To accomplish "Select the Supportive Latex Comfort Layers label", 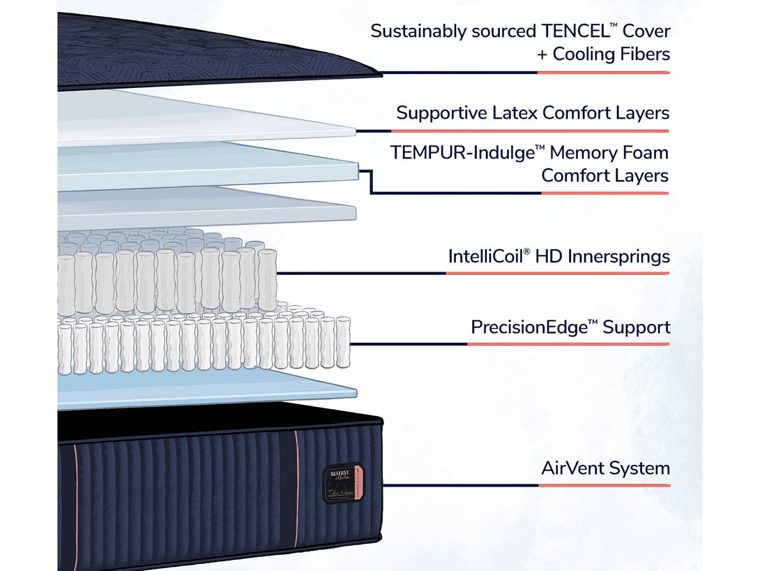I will click(533, 113).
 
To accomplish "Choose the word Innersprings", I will click(619, 257).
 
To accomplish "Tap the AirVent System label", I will click(605, 468).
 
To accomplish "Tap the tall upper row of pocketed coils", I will click(167, 279).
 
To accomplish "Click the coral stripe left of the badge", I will click(296, 489).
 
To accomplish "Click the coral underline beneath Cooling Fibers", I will click(603, 72).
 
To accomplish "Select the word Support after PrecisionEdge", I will click(637, 327).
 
